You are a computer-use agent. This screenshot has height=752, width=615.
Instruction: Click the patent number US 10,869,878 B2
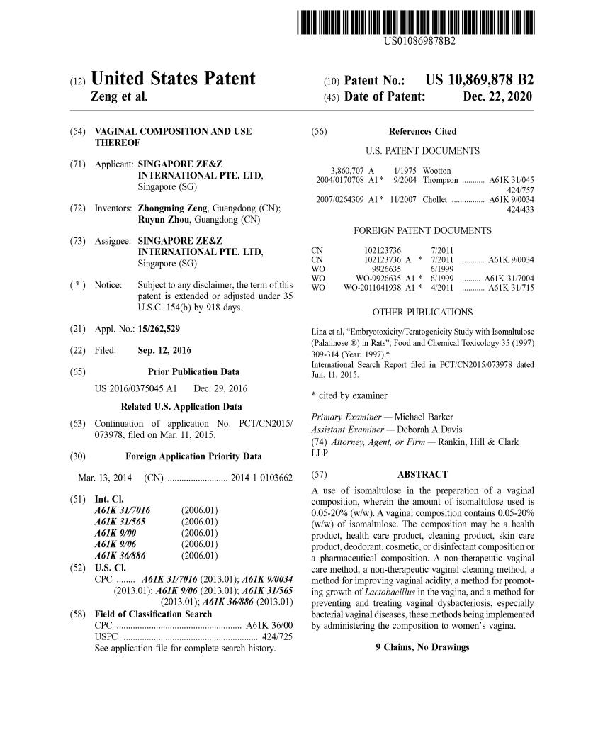[480, 79]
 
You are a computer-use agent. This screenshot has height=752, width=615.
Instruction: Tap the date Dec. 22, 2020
[497, 96]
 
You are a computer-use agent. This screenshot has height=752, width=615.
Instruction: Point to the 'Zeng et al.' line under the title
[119, 96]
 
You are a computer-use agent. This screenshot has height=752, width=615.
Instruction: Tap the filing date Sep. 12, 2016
[166, 350]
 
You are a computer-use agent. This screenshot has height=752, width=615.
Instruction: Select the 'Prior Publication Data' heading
[193, 371]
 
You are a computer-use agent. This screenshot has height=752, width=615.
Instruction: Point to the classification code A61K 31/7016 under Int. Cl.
[122, 510]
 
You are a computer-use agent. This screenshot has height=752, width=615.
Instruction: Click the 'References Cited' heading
[422, 131]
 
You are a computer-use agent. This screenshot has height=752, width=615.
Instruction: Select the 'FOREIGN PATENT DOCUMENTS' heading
[422, 231]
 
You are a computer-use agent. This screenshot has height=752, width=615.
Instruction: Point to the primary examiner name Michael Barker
[424, 417]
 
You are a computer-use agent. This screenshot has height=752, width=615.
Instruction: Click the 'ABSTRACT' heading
[422, 474]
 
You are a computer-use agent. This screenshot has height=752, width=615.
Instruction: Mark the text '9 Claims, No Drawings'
[422, 647]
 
